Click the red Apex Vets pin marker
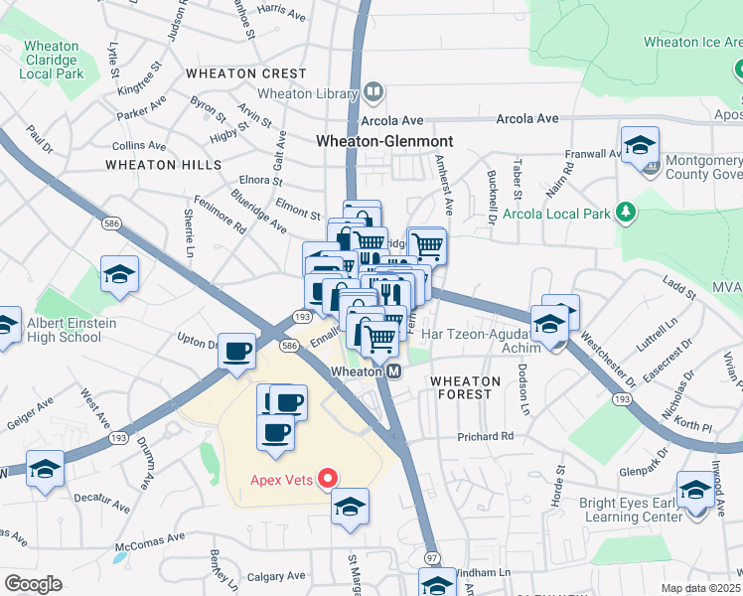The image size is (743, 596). coord(325,479)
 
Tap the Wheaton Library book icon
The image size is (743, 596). coord(372,93)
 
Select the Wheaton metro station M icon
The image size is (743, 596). coord(393,372)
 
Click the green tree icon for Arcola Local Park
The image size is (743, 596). coord(626,212)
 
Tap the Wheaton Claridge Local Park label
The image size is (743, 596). coord(51,60)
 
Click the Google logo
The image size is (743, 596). coord(32,584)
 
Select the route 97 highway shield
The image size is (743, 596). coord(432,557)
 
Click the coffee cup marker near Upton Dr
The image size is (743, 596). coord(236,353)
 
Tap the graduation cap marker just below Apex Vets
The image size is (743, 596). coord(350,507)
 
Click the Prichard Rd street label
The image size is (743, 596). coord(485,436)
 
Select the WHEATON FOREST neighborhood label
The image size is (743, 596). coord(461,387)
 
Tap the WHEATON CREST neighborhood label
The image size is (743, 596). coord(245,74)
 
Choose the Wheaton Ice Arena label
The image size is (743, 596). coord(691,42)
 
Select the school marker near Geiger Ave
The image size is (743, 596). coord(45,469)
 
